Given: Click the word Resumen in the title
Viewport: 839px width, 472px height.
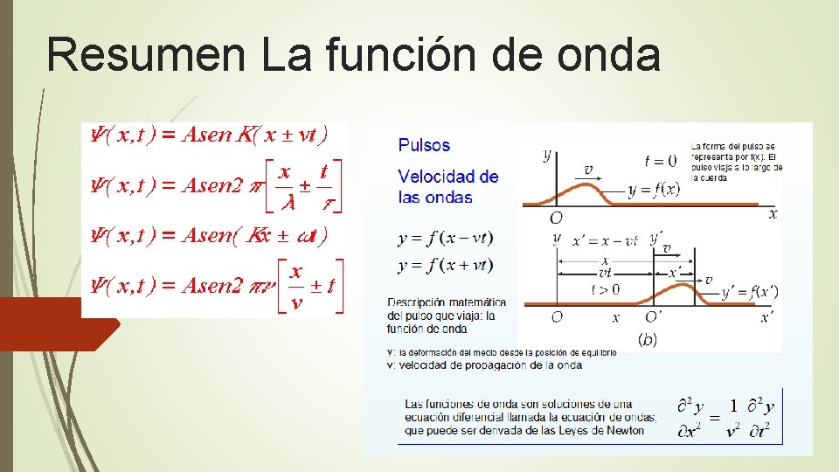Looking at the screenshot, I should tap(145, 54).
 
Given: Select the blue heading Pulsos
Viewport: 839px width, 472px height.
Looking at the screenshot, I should tap(424, 145).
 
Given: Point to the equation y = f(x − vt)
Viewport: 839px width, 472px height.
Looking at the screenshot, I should tap(445, 238).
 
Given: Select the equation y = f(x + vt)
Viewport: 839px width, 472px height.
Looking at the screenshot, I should tap(445, 265).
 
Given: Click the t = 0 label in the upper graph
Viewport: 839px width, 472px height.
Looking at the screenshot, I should tap(661, 160).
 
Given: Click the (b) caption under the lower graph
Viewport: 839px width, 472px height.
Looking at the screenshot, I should tap(648, 339).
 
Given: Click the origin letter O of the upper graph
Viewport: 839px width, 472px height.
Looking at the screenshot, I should tap(556, 217).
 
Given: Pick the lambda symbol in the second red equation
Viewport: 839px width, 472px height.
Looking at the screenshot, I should tap(284, 201).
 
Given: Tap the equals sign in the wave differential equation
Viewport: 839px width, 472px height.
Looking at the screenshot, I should tap(714, 418).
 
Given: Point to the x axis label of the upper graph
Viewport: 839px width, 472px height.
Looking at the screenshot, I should tap(773, 213).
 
